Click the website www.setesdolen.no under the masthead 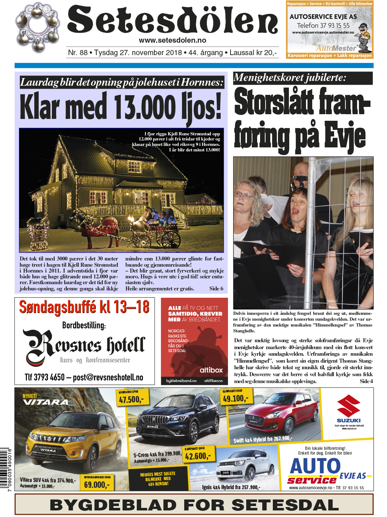[173, 40]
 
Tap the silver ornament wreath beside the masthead [38, 28]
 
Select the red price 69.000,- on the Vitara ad [96, 485]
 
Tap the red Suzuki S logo [348, 406]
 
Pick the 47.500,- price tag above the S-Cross [131, 400]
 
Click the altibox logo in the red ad [211, 370]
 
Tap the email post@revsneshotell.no [108, 377]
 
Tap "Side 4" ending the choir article [366, 381]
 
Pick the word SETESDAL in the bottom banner [285, 505]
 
